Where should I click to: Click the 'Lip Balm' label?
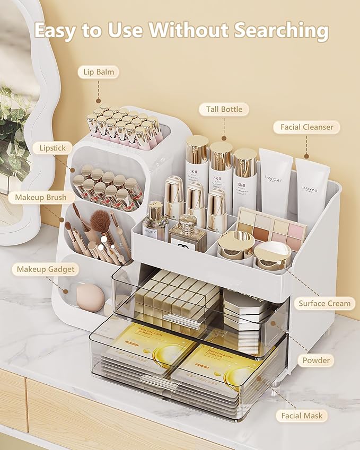point(98,72)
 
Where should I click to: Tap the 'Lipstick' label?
point(52,148)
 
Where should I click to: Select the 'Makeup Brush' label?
point(41,198)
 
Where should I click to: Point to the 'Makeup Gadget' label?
point(45,269)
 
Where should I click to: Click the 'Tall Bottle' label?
point(224,110)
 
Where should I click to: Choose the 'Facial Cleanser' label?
point(307,127)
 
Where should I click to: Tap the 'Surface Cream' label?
point(324,304)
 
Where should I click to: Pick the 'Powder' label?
point(316,360)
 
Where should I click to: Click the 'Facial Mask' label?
point(302,416)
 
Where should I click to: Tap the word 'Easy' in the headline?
point(58,31)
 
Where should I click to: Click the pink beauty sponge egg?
point(90,298)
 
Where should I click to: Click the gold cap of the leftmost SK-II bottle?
point(197,149)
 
